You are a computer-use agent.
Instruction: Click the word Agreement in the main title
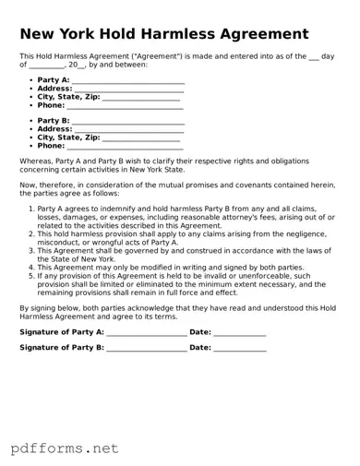(x=261, y=34)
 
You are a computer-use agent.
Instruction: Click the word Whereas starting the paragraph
(x=35, y=161)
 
